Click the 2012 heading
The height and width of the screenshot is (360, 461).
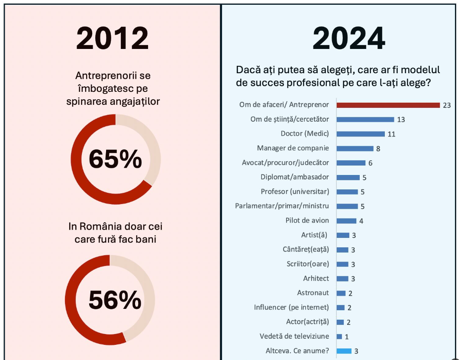(113, 39)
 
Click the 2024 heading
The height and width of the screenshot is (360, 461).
(349, 39)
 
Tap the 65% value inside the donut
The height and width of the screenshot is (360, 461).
(115, 159)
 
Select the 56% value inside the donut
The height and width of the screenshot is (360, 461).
(115, 300)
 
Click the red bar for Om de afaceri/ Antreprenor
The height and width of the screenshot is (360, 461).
(388, 105)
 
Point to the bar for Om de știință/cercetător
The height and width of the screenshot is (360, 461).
(365, 119)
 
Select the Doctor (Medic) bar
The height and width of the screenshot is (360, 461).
(361, 134)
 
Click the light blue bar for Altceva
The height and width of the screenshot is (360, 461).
(344, 351)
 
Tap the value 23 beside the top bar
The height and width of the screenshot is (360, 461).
(447, 105)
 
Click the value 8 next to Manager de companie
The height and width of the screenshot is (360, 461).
(378, 149)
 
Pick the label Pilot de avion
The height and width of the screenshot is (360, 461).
(307, 221)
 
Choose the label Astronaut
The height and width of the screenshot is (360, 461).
(313, 293)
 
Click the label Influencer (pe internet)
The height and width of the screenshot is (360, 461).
(291, 308)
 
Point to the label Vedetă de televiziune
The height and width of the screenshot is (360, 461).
(294, 336)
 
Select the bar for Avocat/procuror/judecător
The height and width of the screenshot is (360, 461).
(351, 163)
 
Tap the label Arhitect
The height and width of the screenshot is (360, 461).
(316, 279)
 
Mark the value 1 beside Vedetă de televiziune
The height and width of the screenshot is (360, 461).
(347, 337)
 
